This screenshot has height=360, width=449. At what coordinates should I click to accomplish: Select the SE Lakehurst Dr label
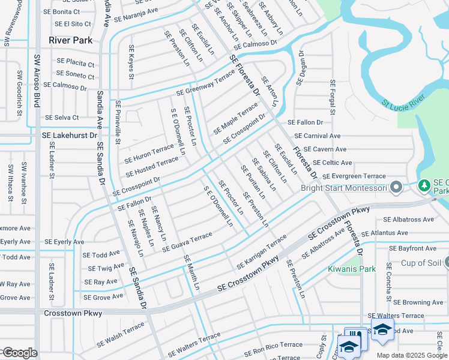point(69,136)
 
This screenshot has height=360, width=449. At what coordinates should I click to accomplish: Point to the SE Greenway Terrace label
point(206,85)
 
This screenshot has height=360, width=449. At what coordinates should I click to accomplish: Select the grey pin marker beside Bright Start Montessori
point(396,188)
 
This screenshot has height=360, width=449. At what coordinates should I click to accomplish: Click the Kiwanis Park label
point(352,269)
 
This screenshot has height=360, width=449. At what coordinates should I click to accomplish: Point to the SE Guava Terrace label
point(183,241)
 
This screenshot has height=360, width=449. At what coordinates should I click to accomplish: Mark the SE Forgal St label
point(331,95)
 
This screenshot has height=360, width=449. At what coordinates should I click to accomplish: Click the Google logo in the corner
point(19,353)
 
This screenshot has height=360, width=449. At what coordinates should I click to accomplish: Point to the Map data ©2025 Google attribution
point(411,355)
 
